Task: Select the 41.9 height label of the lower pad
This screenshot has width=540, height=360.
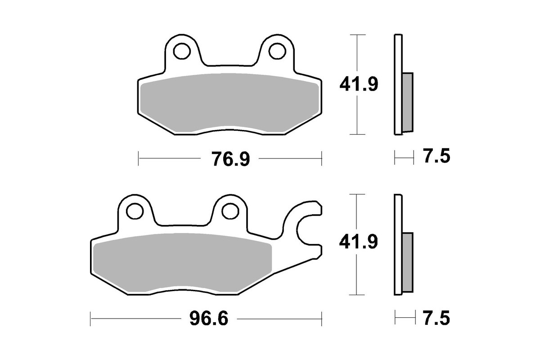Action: coord(358,243)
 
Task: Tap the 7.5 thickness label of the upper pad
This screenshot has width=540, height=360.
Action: coord(436,157)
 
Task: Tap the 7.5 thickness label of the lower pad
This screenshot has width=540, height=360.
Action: coord(436,318)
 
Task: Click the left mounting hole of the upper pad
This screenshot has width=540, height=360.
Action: coord(181,51)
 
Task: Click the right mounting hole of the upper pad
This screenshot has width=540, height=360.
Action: coord(275,51)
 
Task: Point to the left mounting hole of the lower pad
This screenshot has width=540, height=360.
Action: coord(134,211)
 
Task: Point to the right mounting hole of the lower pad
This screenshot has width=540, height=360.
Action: coord(229,210)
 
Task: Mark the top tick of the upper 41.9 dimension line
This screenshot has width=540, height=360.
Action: coord(357,35)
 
